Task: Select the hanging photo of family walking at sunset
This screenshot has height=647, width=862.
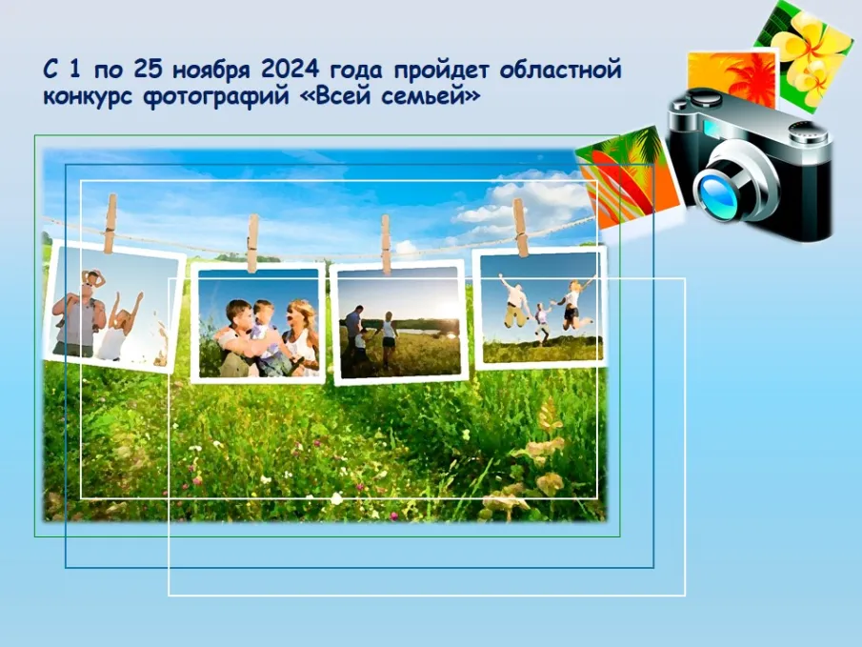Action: tap(398, 321)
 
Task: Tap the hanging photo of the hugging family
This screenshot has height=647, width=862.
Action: tap(258, 323)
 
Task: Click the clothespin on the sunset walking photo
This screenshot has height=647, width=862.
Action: tap(386, 243)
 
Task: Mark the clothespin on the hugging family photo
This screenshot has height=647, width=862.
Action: tap(252, 242)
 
